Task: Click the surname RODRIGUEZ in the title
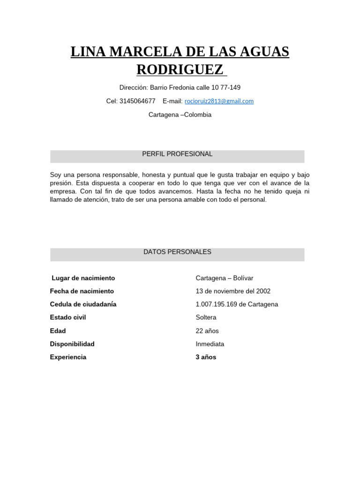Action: tap(180, 69)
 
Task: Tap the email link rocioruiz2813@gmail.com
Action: tap(219, 101)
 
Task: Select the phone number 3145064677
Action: tap(137, 101)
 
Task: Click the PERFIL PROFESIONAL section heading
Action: tap(177, 154)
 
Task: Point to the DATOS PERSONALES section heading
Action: tap(177, 252)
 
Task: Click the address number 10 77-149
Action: tap(226, 88)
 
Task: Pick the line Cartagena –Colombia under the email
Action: tap(180, 115)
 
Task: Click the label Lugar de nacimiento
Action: tap(83, 278)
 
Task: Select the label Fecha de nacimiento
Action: tap(82, 291)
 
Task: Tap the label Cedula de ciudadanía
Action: tap(83, 304)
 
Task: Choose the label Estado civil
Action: tap(68, 317)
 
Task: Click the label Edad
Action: tap(58, 331)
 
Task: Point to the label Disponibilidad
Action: tap(72, 344)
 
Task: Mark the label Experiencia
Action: tap(68, 357)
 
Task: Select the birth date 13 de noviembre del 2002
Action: tap(233, 291)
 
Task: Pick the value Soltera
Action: tap(206, 317)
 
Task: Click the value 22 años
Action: tap(207, 331)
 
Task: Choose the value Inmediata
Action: tap(210, 344)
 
